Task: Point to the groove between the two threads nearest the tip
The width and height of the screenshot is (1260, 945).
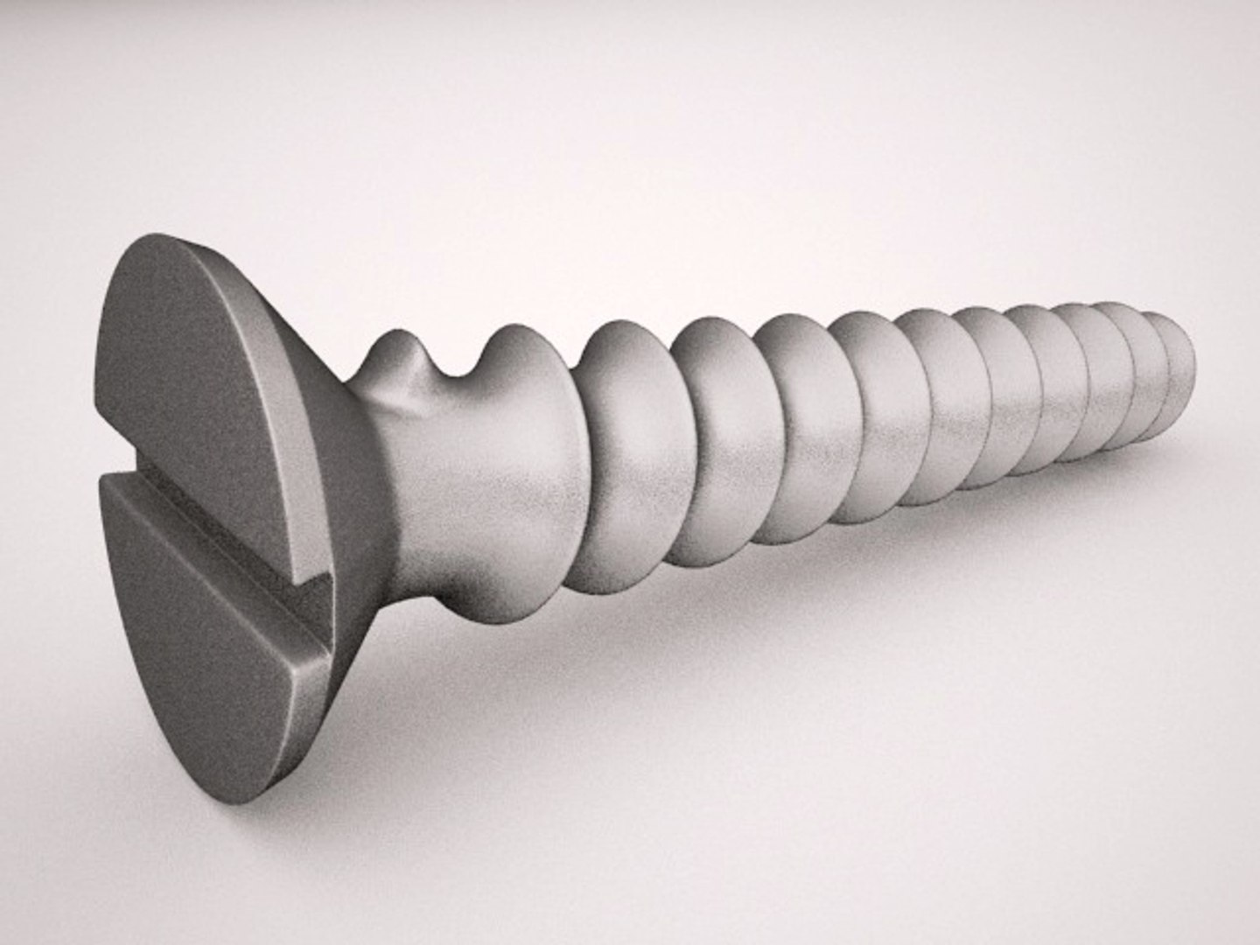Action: click(1146, 385)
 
